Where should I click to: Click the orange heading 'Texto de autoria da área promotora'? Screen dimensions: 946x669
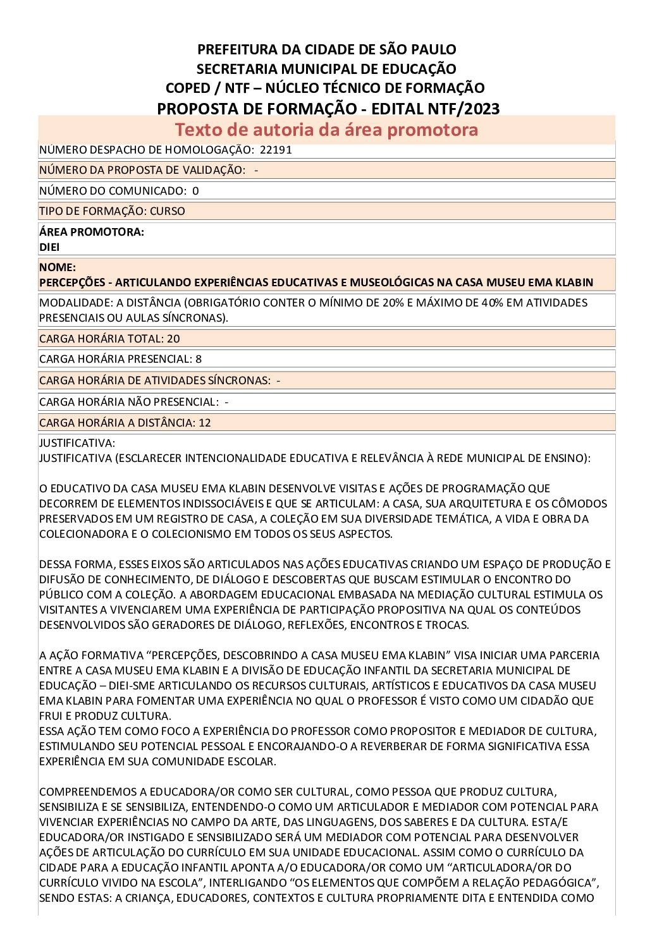coord(326,130)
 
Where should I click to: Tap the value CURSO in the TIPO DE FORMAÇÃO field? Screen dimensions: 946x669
coord(168,211)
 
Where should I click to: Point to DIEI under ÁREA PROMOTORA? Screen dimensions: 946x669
coord(49,247)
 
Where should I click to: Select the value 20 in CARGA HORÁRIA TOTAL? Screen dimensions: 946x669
coord(173,338)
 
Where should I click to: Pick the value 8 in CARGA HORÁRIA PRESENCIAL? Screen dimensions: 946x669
coord(199,359)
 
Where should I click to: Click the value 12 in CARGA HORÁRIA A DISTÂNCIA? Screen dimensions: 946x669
coord(205,423)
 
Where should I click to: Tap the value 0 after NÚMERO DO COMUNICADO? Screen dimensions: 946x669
coord(195,191)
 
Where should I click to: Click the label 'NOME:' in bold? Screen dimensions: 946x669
coord(58,267)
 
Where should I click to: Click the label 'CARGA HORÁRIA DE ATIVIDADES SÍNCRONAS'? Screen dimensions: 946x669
coord(154,380)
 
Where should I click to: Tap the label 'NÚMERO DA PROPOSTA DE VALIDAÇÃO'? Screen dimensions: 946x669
coord(142,170)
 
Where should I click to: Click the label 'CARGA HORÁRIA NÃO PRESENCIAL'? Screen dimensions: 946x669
coord(128,402)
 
